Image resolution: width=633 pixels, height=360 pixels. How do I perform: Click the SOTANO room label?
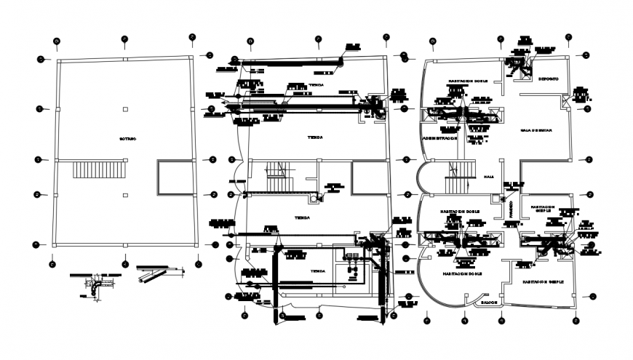click(x=128, y=138)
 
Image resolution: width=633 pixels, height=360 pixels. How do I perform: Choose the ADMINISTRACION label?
click(x=439, y=137)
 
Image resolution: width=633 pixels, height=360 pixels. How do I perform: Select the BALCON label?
click(x=486, y=299)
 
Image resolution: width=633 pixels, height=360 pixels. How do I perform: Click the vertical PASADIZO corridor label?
click(x=511, y=208)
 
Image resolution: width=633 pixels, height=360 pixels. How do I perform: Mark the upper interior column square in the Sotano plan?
click(x=127, y=109)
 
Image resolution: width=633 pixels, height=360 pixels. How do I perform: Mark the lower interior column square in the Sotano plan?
click(x=127, y=193)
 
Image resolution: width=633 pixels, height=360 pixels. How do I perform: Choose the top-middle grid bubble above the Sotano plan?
click(x=124, y=38)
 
